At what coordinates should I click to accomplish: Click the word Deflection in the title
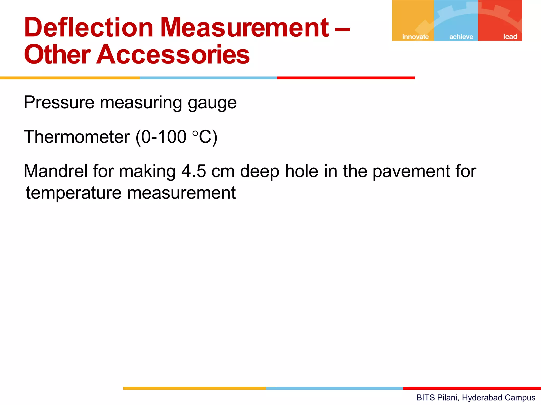[89, 27]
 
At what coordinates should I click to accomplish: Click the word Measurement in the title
[245, 27]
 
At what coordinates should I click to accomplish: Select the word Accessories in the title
[173, 55]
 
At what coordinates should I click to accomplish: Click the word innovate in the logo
[415, 37]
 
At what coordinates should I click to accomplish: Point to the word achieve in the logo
[461, 37]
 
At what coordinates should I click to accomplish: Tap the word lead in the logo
[510, 37]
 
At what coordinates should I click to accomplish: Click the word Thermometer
[77, 137]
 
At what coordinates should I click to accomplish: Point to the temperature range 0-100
[164, 137]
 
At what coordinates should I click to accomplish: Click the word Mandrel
[56, 171]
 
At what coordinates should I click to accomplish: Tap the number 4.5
[194, 171]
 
